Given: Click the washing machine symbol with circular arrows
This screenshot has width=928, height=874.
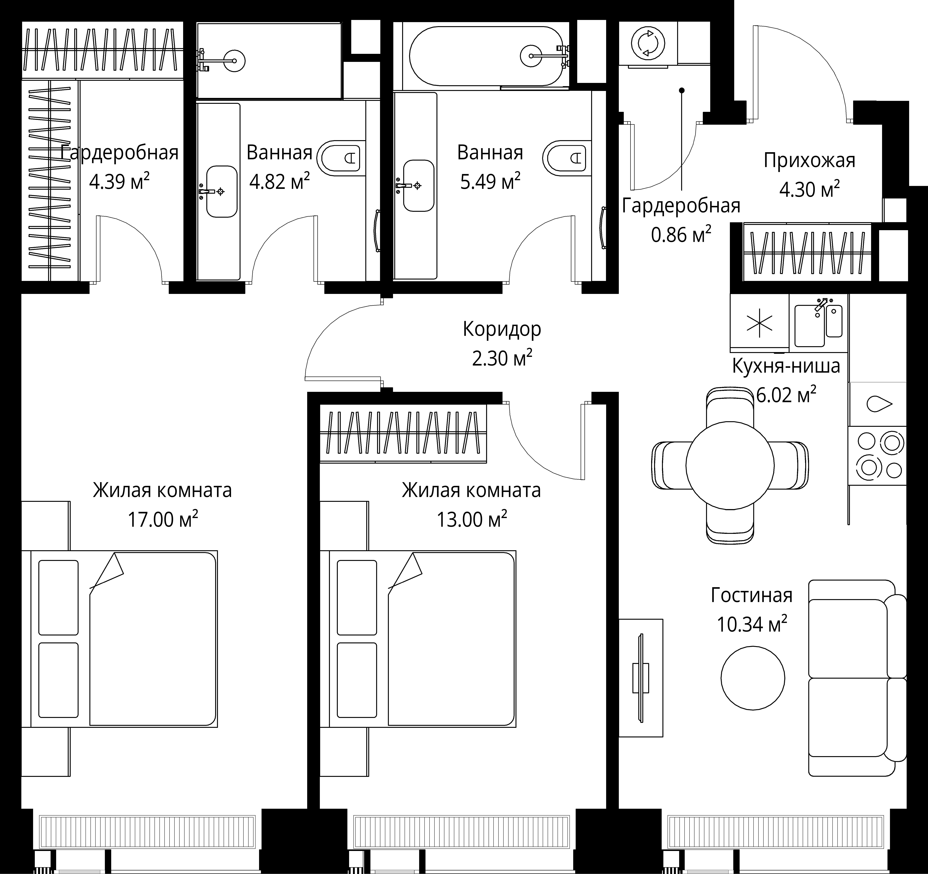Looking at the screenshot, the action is coord(647,43).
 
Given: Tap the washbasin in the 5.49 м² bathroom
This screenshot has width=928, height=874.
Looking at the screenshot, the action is coord(419,186).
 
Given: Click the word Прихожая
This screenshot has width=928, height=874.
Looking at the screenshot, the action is coord(809,161).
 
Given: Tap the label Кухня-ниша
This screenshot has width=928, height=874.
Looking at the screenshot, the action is coord(786,366).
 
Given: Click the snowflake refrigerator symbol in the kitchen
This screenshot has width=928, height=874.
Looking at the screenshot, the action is coord(759,323).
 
